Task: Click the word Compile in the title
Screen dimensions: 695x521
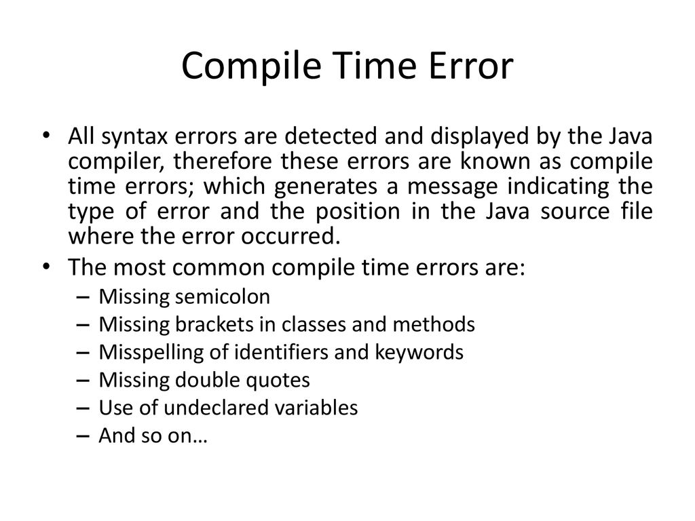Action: pos(251,66)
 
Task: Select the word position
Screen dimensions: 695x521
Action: pos(358,211)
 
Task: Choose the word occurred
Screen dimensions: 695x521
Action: pos(290,236)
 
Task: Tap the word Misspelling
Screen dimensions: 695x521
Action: pos(151,353)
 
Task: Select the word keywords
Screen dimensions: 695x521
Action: pos(419,352)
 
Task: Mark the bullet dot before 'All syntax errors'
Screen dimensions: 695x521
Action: pos(45,135)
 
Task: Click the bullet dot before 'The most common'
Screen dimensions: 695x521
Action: pos(45,266)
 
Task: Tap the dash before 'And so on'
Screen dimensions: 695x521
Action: pos(83,436)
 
